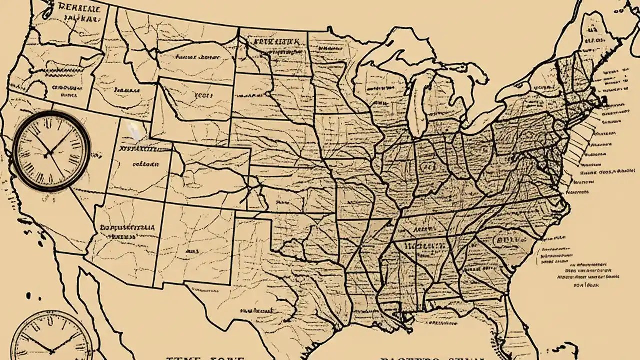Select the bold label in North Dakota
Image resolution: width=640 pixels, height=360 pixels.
(x=277, y=41)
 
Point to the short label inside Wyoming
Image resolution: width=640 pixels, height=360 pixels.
(x=203, y=94)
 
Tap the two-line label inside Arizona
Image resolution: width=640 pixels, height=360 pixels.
(x=127, y=231)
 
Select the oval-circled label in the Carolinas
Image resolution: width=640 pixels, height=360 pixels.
(x=507, y=240)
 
